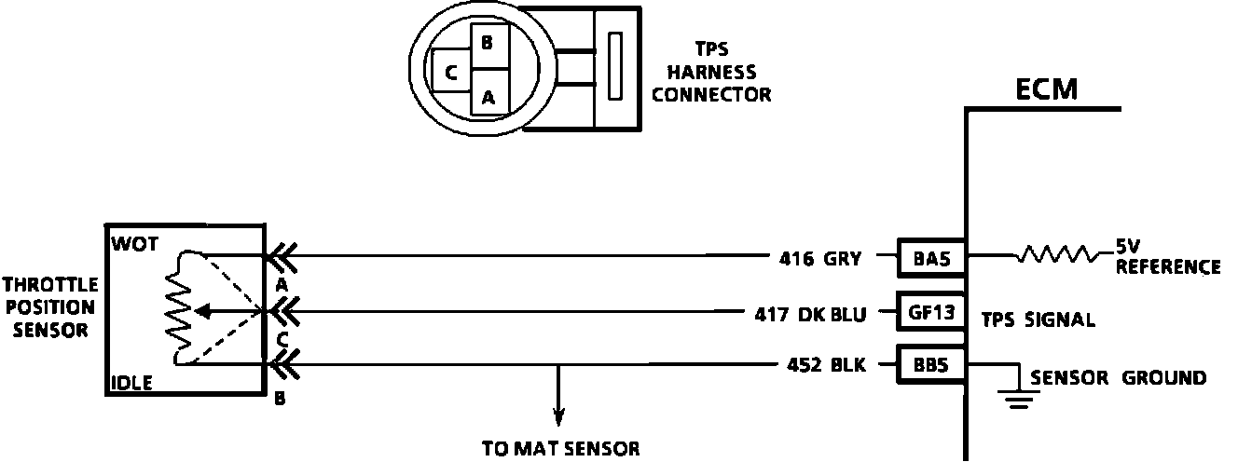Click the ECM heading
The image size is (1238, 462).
coord(1046,89)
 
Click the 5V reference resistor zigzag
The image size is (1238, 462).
coord(1055,254)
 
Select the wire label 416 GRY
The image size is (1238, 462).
coord(820,260)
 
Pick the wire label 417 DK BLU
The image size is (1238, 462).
coord(810,314)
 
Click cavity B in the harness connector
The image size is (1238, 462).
coord(488,43)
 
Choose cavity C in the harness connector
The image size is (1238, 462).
coord(450,72)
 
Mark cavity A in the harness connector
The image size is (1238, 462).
coord(488,95)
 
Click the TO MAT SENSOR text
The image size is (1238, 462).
coord(560,448)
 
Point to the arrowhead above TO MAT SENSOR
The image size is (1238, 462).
coord(558,416)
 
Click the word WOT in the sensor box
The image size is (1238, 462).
coord(135,243)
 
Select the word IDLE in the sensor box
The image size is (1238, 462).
coord(132,381)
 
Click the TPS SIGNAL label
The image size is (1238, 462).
coord(1038,319)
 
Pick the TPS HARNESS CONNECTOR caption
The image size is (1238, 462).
coord(711,72)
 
